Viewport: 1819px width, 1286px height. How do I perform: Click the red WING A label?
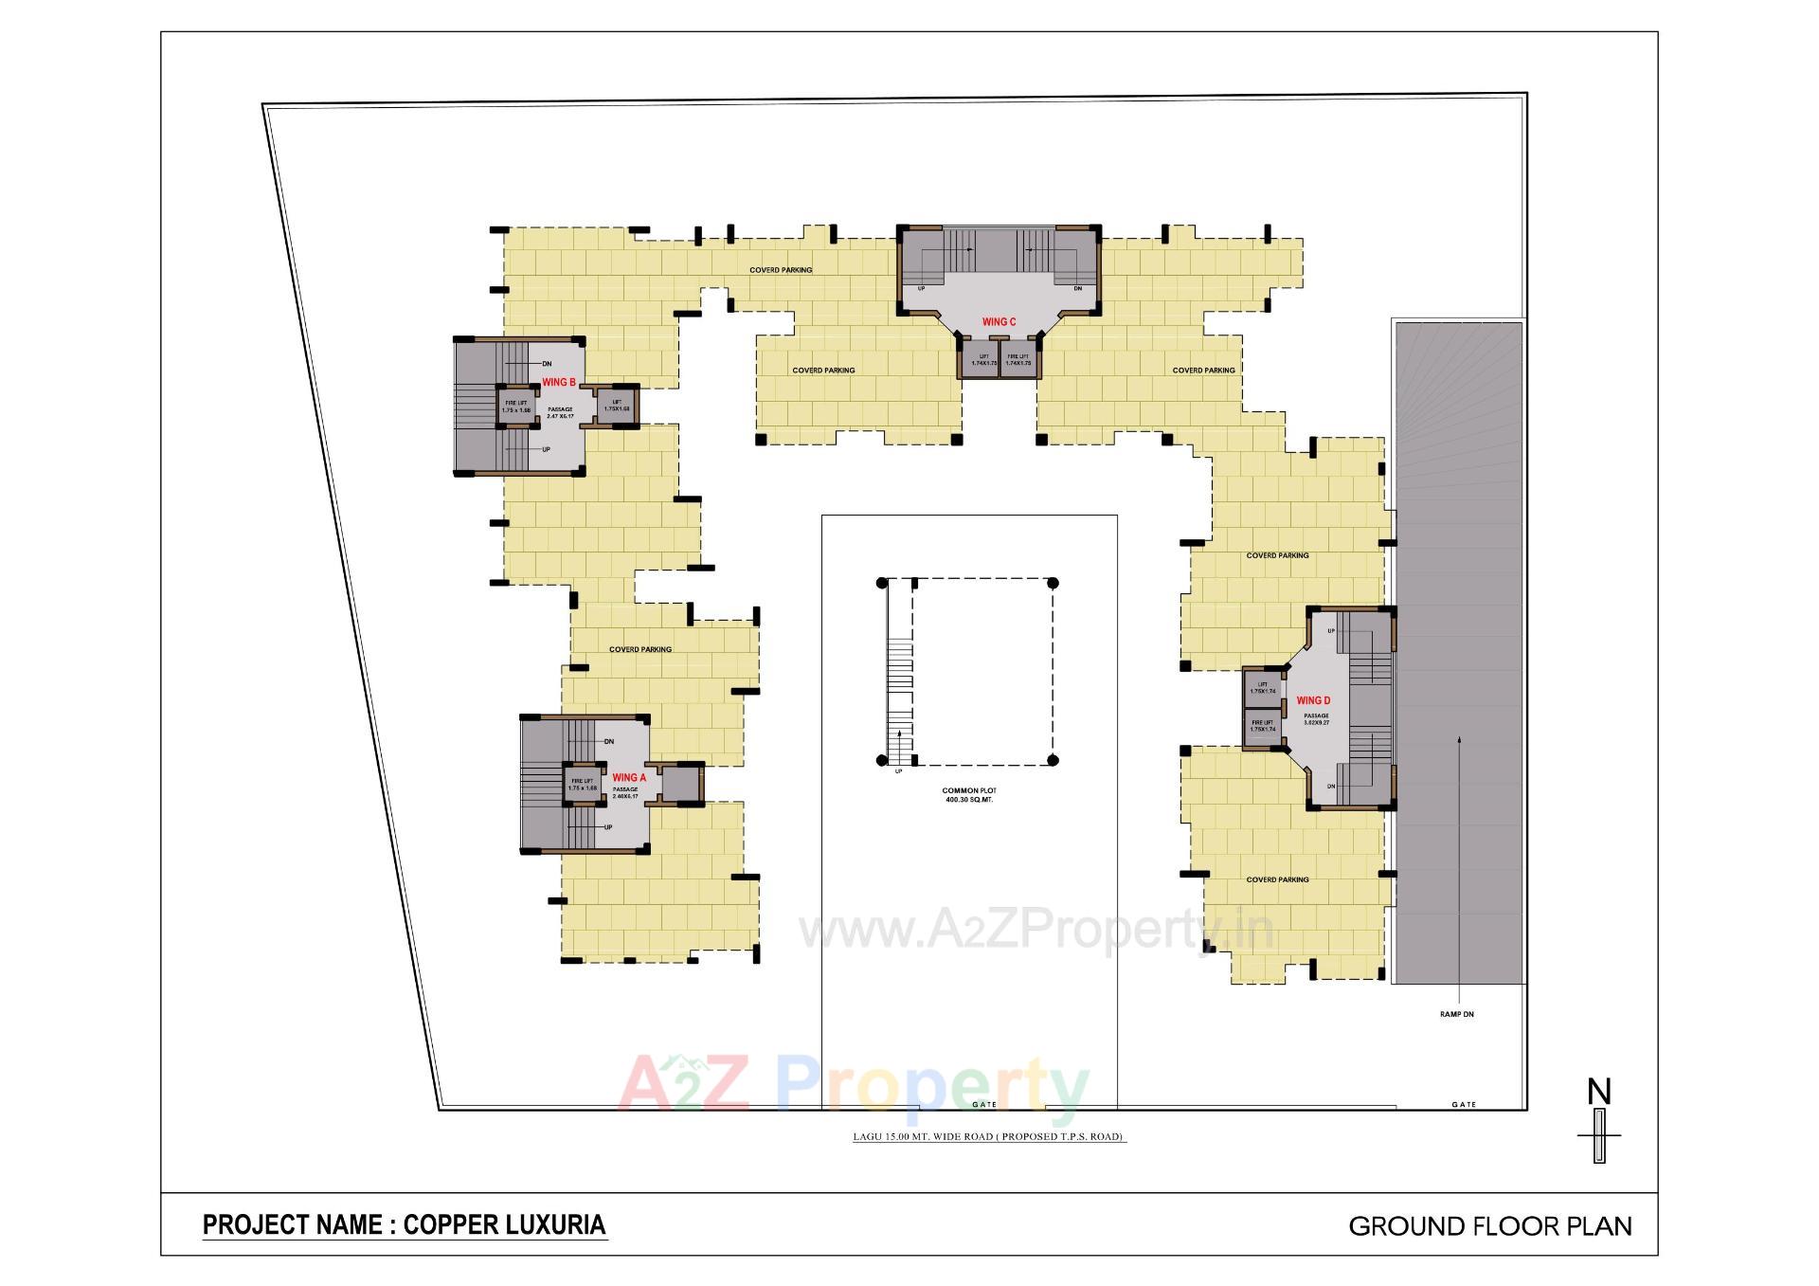(x=629, y=778)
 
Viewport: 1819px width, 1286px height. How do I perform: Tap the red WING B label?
(x=558, y=383)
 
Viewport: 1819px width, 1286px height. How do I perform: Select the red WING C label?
(x=999, y=322)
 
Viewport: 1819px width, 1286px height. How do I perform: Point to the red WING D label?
(x=1314, y=701)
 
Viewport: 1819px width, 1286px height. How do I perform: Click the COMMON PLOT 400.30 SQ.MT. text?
(x=968, y=795)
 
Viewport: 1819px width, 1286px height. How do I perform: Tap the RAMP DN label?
(x=1456, y=1015)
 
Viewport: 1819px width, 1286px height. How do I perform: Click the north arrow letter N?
(x=1599, y=1093)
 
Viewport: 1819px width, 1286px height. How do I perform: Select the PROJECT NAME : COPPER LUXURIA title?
(x=405, y=1224)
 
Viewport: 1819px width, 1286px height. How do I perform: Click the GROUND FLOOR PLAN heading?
(x=1489, y=1226)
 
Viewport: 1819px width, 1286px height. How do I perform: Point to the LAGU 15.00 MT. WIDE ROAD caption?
(x=988, y=1136)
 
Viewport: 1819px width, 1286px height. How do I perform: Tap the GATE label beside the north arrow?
(x=1464, y=1105)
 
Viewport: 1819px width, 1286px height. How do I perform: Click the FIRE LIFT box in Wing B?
(x=515, y=407)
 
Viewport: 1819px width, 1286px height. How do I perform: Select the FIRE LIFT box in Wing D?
(x=1261, y=726)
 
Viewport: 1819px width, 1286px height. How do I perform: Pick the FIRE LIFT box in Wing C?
(x=1018, y=361)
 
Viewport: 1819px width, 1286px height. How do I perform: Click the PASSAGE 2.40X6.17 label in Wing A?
(x=625, y=792)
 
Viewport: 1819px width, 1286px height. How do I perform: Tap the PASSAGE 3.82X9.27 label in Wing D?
(x=1316, y=719)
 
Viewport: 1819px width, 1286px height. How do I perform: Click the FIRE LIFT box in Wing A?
(x=582, y=785)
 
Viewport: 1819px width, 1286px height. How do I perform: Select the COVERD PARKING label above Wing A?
(x=640, y=650)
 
